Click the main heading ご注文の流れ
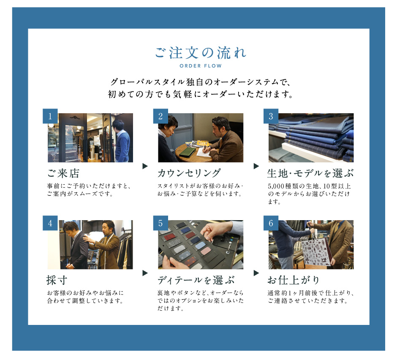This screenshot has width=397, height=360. click(x=200, y=53)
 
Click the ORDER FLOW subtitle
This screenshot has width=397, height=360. click(x=201, y=66)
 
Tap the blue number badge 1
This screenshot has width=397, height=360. click(x=50, y=116)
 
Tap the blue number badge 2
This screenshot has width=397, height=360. click(x=160, y=116)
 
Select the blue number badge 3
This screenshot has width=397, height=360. click(x=271, y=116)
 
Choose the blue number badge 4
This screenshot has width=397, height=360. click(x=50, y=223)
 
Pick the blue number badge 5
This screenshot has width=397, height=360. click(x=160, y=223)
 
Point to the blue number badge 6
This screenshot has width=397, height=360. click(x=271, y=223)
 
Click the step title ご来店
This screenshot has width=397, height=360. click(x=63, y=173)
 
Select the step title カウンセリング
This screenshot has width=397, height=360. click(x=189, y=173)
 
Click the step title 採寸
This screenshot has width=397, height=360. click(x=57, y=280)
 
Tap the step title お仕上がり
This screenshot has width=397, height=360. click(x=294, y=280)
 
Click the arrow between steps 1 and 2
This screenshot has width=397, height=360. click(x=145, y=166)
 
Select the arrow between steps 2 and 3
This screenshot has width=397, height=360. click(x=256, y=166)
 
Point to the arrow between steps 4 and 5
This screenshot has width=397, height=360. click(x=145, y=273)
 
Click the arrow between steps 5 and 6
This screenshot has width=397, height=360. click(x=256, y=273)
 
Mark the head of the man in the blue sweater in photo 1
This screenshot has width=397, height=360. click(x=119, y=125)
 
